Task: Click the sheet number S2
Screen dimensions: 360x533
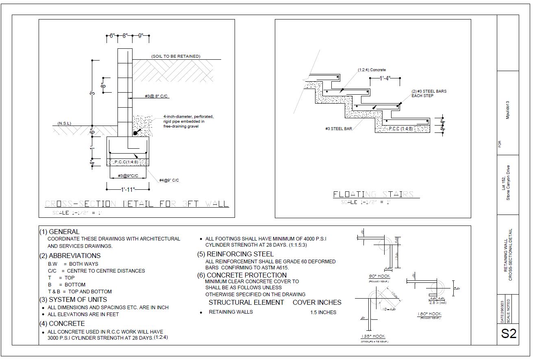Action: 509,333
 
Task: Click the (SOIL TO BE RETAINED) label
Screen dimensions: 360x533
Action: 176,56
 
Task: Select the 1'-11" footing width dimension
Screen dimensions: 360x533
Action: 128,189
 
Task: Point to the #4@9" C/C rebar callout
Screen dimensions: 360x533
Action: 169,180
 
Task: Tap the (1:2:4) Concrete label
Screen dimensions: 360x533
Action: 372,70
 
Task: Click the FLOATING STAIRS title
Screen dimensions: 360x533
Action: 373,194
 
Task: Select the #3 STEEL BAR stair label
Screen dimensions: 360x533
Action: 338,129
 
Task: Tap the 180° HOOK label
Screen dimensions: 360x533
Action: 429,314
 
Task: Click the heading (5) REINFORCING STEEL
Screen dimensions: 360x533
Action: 235,254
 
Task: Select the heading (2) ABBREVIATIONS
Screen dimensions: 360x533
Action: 70,256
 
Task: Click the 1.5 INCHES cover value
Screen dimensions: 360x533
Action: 323,312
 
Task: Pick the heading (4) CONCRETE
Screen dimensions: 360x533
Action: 62,323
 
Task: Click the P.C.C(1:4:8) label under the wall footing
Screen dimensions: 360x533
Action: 126,162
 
